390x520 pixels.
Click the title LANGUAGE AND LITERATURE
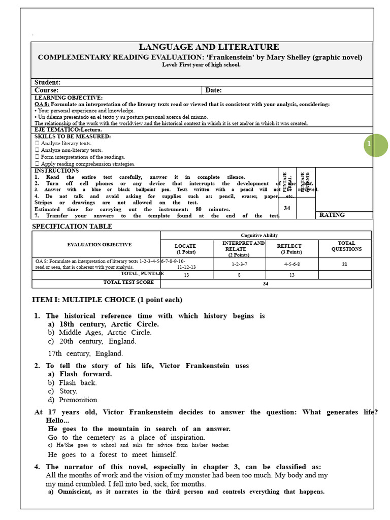202,47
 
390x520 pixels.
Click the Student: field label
47,82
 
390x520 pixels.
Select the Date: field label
213,90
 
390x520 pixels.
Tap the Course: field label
46,90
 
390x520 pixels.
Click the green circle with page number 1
376,145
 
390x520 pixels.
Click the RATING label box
332,215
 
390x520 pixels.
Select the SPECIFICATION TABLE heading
73,226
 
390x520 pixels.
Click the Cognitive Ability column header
266,235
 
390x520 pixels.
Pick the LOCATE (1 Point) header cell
185,249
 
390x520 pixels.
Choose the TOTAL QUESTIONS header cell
346,246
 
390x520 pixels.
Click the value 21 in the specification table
345,264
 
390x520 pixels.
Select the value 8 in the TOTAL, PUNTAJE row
239,275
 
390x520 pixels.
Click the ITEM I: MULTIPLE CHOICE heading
107,300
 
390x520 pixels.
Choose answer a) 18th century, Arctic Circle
104,324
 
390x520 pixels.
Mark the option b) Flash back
73,382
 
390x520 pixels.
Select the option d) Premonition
74,400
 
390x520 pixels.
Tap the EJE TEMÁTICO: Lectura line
68,130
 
